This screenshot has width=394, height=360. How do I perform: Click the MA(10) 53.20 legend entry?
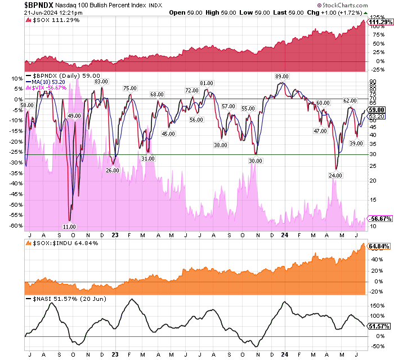[x=53, y=82]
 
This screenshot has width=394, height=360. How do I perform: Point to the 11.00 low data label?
[x=69, y=226]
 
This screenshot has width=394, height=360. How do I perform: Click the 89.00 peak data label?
[x=281, y=76]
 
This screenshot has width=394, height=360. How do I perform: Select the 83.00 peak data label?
[x=101, y=82]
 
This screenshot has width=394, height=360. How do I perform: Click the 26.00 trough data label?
[x=113, y=170]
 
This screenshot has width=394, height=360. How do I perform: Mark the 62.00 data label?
[x=351, y=100]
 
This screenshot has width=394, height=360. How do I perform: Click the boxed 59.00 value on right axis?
[x=377, y=110]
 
